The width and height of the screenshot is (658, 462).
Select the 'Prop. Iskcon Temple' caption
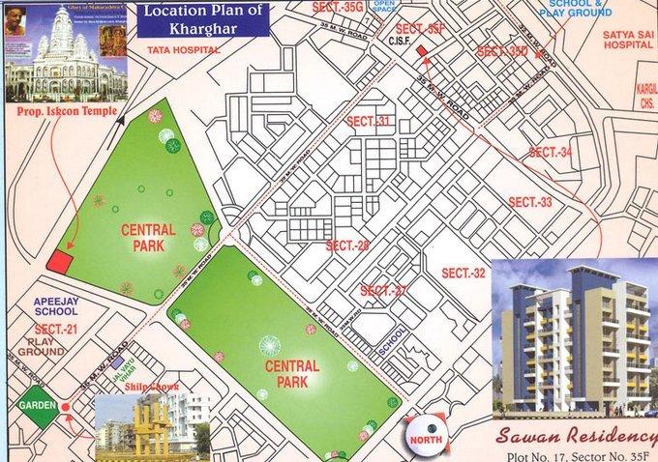click(x=64, y=111)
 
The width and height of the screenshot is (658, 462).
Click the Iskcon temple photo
click(x=66, y=53)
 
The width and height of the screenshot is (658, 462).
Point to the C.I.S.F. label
click(x=401, y=42)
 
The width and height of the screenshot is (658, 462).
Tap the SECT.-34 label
click(x=551, y=153)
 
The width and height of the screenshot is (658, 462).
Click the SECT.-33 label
click(x=529, y=202)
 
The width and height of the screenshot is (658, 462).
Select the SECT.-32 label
click(x=463, y=273)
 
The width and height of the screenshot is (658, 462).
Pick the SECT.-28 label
click(x=347, y=245)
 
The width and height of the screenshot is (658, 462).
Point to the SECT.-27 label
click(x=383, y=291)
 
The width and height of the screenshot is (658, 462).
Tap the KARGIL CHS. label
click(x=643, y=96)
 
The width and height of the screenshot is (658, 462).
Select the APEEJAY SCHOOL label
click(x=55, y=305)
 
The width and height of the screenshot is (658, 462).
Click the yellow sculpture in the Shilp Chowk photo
click(x=151, y=425)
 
